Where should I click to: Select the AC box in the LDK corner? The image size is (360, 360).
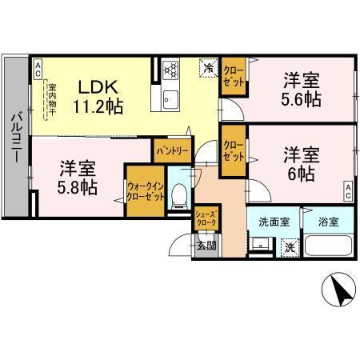pyautogui.click(x=38, y=70)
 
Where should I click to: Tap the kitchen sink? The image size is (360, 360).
pyautogui.click(x=170, y=99)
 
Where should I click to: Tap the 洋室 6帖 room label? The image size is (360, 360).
pyautogui.click(x=302, y=162)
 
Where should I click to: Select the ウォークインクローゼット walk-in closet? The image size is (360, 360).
pyautogui.click(x=145, y=192)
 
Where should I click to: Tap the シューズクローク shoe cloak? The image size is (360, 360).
pyautogui.click(x=206, y=218)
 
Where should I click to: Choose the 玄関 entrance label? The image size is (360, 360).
pyautogui.click(x=206, y=245)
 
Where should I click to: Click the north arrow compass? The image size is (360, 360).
pyautogui.click(x=340, y=290)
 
